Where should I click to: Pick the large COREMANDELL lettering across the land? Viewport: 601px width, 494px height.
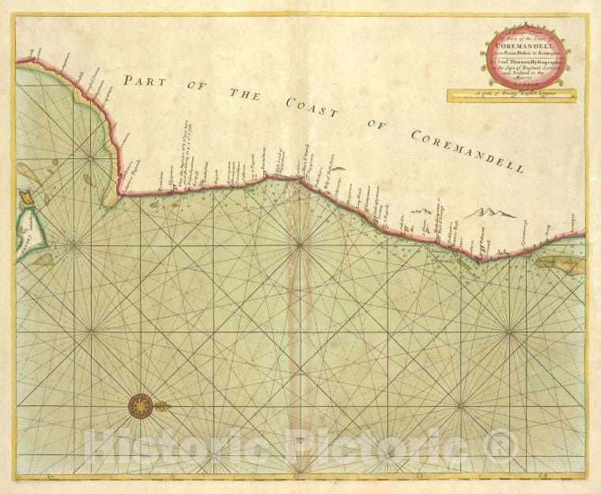point(467,150)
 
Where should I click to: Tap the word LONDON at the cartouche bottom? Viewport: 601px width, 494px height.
point(525,80)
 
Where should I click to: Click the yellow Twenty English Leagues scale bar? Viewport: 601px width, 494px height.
point(522,97)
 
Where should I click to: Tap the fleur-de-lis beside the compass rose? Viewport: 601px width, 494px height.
point(162,406)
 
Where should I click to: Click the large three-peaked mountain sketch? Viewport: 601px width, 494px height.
point(490,212)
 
